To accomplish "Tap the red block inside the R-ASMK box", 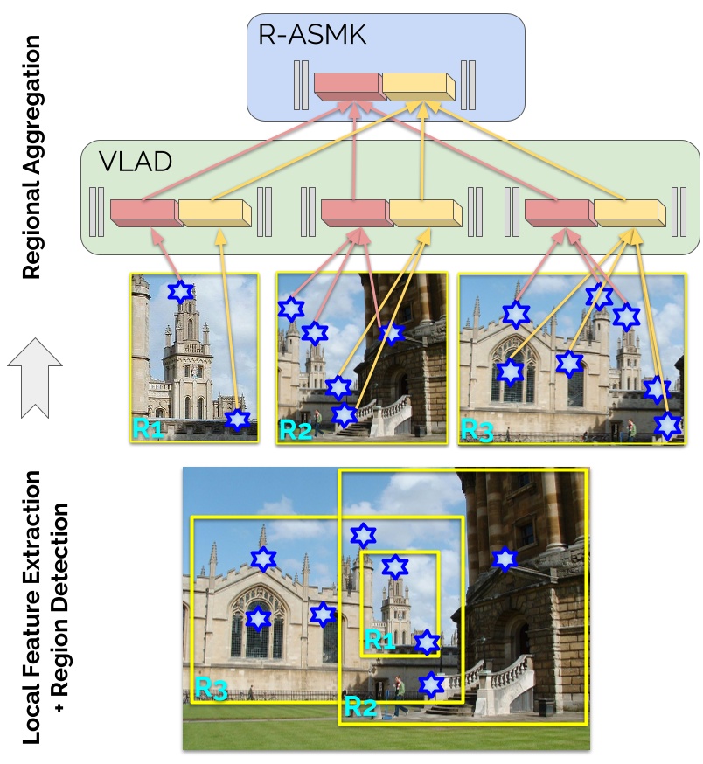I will (347, 86).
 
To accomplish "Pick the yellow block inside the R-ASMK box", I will (418, 86).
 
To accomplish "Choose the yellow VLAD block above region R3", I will (627, 211).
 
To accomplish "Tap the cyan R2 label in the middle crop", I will (295, 431).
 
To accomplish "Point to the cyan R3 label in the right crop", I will (477, 431).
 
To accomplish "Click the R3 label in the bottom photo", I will (211, 688).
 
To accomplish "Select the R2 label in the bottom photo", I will (360, 705).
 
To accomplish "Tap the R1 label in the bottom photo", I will (379, 642).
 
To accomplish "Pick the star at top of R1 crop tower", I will (180, 291).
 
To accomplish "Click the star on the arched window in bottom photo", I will (258, 618).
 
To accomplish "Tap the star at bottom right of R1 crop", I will (237, 420).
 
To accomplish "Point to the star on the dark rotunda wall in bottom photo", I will (503, 559).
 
